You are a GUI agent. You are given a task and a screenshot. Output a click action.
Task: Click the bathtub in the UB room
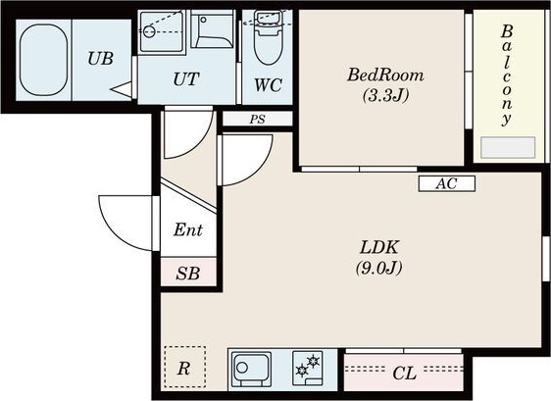tap(43, 60)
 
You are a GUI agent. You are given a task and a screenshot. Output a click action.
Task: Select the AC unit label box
tap(447, 183)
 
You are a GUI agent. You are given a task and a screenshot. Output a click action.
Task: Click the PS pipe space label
tap(257, 120)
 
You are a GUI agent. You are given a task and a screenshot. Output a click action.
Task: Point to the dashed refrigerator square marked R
tap(185, 368)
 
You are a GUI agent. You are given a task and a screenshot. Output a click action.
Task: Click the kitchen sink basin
tap(252, 369)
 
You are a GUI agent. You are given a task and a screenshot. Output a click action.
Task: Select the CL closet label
tap(405, 373)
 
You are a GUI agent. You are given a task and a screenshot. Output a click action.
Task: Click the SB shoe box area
tap(188, 273)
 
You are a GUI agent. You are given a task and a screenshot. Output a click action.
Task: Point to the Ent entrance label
tap(188, 229)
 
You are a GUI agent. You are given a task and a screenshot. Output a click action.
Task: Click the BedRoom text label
tap(385, 75)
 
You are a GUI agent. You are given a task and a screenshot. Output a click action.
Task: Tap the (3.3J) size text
tap(385, 94)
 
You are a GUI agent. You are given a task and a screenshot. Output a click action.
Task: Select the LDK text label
tap(378, 247)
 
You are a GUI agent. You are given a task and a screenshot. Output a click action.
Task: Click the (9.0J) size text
tap(378, 268)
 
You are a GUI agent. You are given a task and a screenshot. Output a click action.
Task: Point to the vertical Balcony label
tap(506, 75)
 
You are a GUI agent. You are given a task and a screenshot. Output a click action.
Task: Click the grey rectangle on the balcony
tap(508, 147)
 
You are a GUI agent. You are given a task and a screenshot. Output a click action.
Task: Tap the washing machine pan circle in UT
tap(149, 31)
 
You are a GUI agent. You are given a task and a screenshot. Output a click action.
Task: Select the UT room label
tap(186, 79)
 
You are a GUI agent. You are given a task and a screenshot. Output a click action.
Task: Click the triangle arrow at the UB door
tap(121, 89)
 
